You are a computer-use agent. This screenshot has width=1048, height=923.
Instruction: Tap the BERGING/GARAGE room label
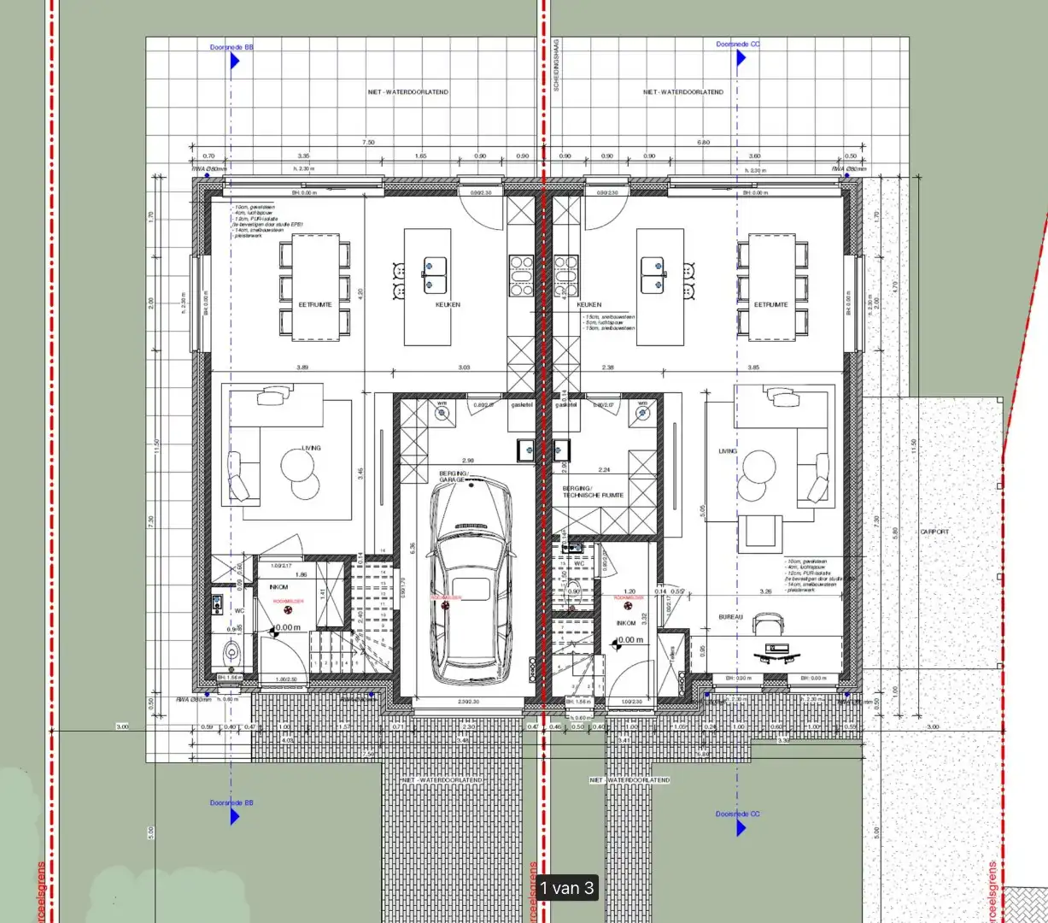[454, 476]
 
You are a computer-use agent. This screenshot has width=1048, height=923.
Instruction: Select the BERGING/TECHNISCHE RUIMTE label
[593, 491]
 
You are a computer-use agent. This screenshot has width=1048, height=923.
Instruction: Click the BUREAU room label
[730, 616]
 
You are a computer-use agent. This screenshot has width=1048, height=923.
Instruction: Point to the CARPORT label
[934, 532]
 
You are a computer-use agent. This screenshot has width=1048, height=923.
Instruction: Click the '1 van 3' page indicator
[566, 888]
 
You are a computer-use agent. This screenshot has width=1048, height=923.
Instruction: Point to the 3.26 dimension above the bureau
[765, 591]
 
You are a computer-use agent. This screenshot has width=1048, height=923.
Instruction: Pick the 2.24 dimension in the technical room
[605, 470]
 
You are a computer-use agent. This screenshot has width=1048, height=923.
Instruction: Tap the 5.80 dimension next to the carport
[894, 532]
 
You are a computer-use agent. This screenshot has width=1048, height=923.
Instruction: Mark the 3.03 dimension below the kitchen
[464, 367]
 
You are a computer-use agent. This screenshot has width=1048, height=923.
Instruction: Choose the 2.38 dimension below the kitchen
[607, 367]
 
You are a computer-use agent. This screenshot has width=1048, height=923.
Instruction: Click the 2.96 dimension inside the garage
[468, 461]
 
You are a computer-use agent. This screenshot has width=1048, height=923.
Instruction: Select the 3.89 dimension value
[302, 367]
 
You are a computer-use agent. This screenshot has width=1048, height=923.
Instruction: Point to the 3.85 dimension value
[753, 367]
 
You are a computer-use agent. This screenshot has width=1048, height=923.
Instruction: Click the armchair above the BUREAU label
[758, 533]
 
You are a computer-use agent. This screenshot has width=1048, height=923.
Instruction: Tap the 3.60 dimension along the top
[754, 156]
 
